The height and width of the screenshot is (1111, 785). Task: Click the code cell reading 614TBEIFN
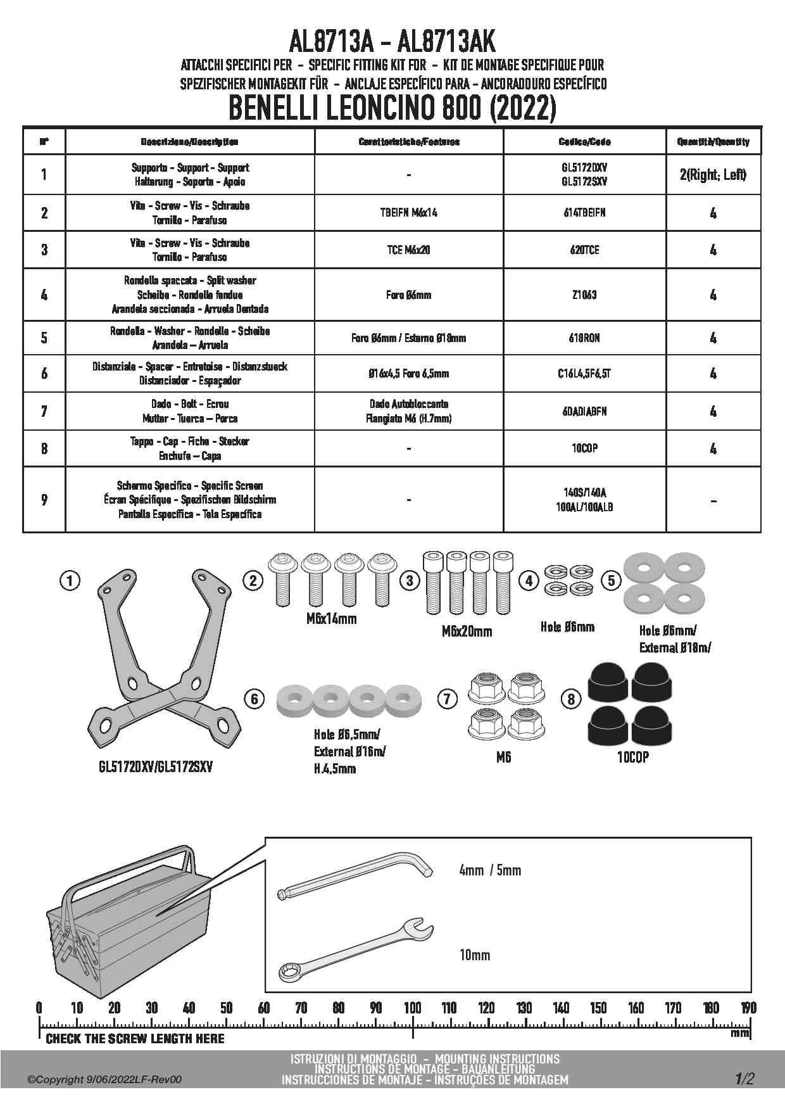coord(584,213)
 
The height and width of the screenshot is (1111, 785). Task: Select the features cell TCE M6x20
coord(408,250)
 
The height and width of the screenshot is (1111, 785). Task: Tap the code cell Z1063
coord(584,295)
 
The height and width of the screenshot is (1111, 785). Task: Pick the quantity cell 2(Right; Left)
coord(713,174)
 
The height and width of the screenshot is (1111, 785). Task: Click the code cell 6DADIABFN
coord(584,411)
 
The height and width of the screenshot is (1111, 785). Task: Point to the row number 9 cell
coord(44,500)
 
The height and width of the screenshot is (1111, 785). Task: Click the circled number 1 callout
coord(70,580)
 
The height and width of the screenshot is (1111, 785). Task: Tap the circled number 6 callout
coord(254,699)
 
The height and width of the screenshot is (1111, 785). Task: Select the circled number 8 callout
coord(571,699)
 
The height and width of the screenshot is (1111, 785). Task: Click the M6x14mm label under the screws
coord(331,619)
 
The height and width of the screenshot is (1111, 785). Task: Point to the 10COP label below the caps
coord(632,757)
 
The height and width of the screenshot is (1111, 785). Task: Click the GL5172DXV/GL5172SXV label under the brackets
coord(156,767)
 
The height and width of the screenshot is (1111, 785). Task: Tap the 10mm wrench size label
coord(475,955)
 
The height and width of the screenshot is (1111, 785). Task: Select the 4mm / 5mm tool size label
coord(490,870)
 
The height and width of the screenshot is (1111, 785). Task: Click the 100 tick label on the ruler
coord(413,1008)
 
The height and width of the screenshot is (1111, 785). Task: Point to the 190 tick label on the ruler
coord(748,1008)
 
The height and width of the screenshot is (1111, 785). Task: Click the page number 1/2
coord(744,1079)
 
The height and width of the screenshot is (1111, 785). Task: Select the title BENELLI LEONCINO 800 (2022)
coord(392,108)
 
